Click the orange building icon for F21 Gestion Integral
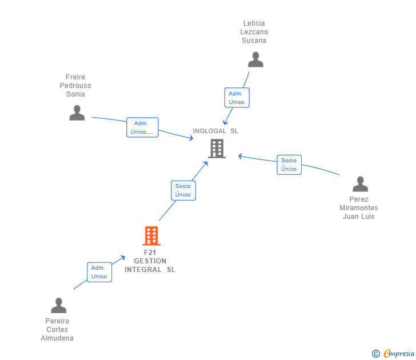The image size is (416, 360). tap(151, 235)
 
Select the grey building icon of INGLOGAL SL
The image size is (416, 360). tap(217, 149)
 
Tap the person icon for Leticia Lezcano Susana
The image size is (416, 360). tap(255, 59)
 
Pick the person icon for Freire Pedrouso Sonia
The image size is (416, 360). tap(77, 113)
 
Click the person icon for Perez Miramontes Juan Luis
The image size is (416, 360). tap(360, 184)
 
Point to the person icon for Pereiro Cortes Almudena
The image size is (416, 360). tap(58, 305)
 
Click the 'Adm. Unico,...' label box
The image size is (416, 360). tap(142, 127)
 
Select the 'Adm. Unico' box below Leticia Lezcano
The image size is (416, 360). tap(237, 98)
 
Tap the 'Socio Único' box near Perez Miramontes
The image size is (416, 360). tap(289, 165)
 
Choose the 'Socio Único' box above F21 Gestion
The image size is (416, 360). tap(183, 190)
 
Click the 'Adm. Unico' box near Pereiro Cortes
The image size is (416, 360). tap(99, 272)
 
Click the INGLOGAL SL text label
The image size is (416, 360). tap(215, 131)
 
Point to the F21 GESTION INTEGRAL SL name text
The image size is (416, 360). tap(150, 261)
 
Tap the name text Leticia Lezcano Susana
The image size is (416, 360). tap(254, 32)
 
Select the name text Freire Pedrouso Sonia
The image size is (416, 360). tap(75, 86)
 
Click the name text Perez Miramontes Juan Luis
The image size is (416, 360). tap(359, 208)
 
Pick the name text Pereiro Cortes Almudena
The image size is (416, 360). tap(57, 330)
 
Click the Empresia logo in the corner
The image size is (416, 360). tap(398, 354)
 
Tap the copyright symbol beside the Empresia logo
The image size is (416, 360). tap(376, 354)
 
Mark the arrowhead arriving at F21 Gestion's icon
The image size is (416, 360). tap(122, 258)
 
